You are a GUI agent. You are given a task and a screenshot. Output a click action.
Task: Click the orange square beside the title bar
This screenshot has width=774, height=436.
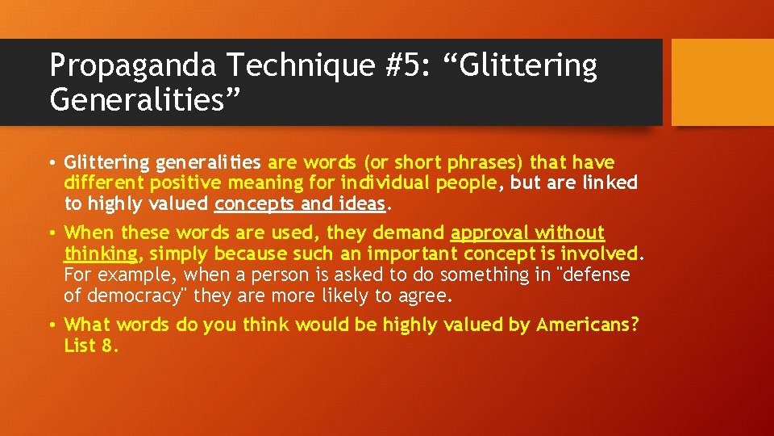click(x=722, y=82)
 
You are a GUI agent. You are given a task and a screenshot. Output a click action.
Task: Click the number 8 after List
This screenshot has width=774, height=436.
click(x=112, y=346)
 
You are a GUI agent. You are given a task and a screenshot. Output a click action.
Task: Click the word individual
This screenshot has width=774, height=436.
click(x=385, y=182)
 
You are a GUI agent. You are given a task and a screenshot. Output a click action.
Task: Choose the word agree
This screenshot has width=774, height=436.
click(x=425, y=296)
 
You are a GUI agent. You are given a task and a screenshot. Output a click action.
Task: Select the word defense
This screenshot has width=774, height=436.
click(x=595, y=275)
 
